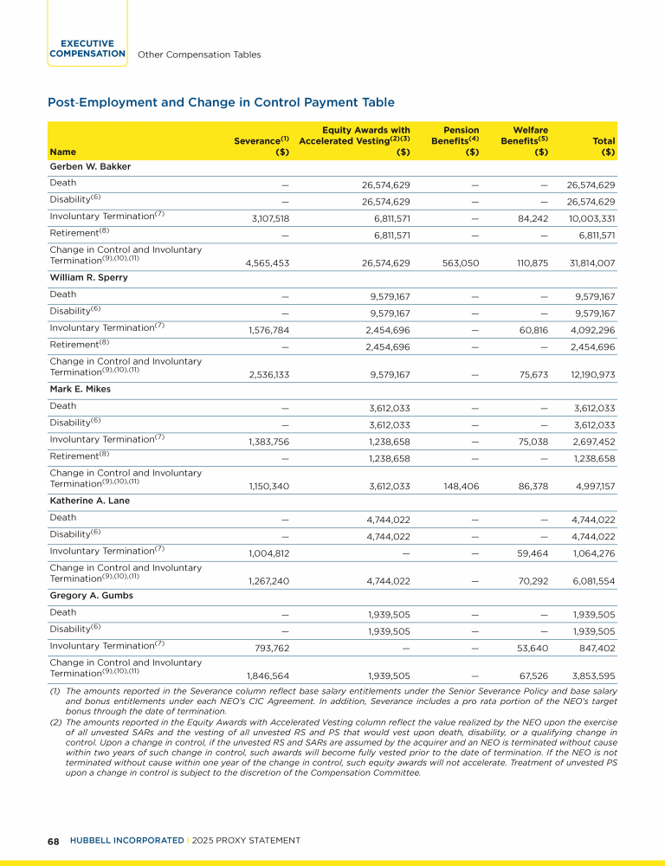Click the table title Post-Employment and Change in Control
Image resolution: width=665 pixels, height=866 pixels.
[x=221, y=102]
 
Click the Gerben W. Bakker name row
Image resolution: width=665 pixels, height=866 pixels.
[x=83, y=166]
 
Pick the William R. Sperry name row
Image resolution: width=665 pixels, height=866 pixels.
[x=85, y=278]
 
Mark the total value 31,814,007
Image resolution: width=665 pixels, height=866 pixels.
[x=588, y=262]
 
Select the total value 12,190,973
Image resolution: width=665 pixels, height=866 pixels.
[x=589, y=373]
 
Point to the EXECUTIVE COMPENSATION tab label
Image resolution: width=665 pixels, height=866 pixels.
[x=87, y=48]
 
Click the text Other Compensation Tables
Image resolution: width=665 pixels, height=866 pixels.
[x=199, y=55]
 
